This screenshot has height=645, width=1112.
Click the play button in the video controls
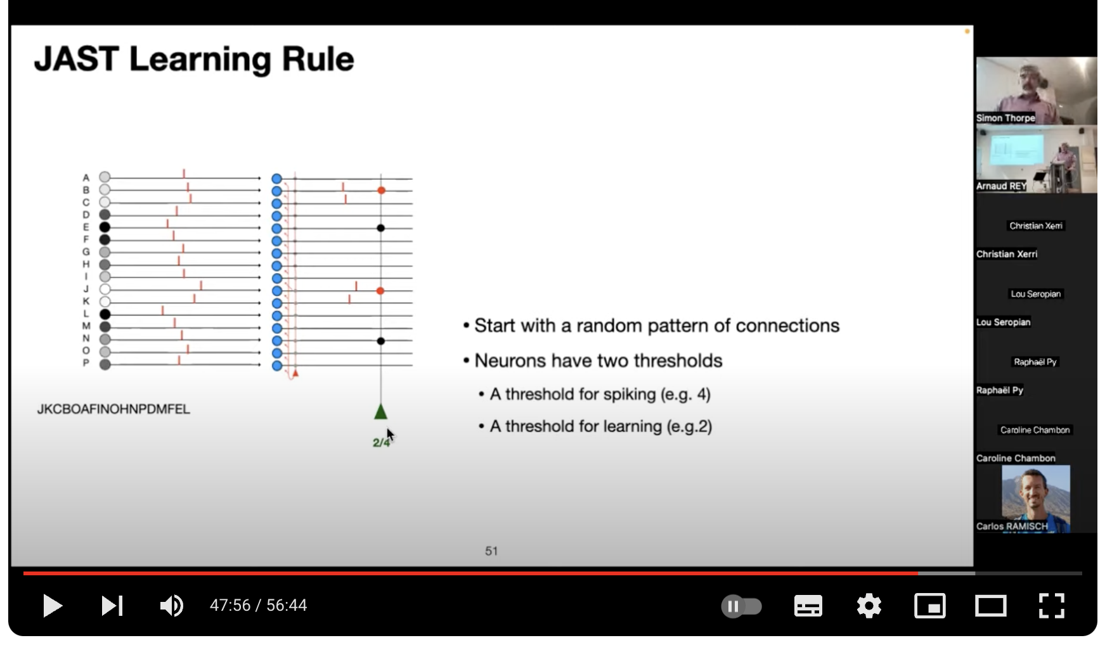click(52, 606)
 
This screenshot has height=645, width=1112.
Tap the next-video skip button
click(112, 606)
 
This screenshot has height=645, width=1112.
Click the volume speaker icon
click(171, 606)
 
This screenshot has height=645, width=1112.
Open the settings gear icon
click(869, 606)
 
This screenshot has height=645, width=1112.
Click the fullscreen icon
click(1051, 606)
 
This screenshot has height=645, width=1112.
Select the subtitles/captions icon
click(808, 606)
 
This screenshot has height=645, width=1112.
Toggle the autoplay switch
click(741, 606)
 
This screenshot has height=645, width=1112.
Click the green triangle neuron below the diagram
click(380, 412)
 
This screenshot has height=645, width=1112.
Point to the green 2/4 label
click(381, 442)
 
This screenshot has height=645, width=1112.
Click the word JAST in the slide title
click(76, 59)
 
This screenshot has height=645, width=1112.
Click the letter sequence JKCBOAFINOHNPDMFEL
click(113, 409)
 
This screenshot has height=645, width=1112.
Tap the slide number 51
click(491, 551)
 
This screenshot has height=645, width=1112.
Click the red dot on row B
click(381, 190)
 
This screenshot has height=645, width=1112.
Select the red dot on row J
click(380, 291)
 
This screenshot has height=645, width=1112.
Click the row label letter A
click(86, 178)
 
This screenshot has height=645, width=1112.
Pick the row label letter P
click(86, 363)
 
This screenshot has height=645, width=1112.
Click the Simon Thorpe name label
click(1005, 118)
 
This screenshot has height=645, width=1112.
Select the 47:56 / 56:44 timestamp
click(258, 606)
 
